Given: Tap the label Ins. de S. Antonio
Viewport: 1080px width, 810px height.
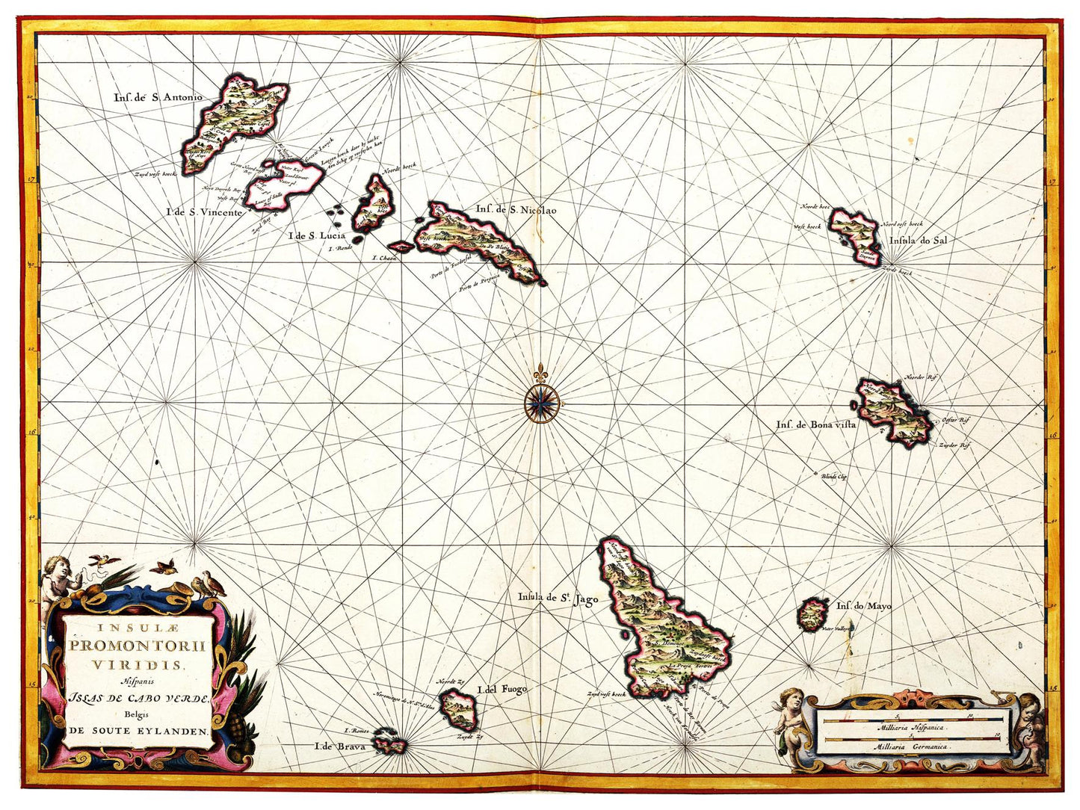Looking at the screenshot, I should [x=158, y=96].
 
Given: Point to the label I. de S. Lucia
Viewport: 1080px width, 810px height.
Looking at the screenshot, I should [x=318, y=236].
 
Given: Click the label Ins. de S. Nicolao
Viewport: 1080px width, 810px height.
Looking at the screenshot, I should [x=516, y=210].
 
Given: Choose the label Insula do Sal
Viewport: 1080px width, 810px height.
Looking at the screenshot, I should [x=918, y=241].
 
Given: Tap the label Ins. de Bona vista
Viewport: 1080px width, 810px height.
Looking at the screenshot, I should [x=815, y=424].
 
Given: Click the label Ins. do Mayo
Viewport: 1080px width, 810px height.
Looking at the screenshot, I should [x=864, y=606].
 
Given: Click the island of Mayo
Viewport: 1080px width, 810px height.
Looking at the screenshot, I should [x=812, y=615].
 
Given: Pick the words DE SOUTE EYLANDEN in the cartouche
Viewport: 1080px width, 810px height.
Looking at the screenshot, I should [x=138, y=731].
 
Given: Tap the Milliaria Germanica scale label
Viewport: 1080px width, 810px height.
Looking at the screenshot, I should [x=913, y=746].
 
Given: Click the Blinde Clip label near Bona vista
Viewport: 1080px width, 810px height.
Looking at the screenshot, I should [x=833, y=475].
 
